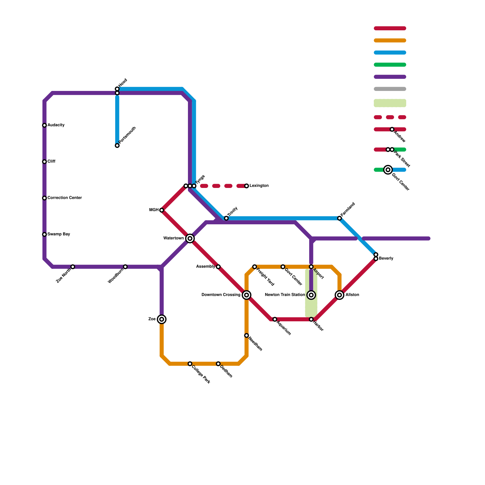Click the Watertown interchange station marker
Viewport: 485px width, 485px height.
[x=190, y=239]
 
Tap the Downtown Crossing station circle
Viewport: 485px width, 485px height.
[x=247, y=295]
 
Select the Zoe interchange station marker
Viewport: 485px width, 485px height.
[x=162, y=319]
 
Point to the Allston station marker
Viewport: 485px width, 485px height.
[x=340, y=295]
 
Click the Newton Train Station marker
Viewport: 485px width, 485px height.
[x=311, y=295]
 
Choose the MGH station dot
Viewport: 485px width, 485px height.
[x=162, y=210]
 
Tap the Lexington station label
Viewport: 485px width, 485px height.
[x=259, y=186]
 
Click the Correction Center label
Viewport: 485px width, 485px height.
[x=65, y=198]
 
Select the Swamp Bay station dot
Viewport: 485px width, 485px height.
[x=45, y=234]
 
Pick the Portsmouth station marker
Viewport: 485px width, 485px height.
[x=117, y=146]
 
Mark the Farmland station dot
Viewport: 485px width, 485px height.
[x=339, y=218]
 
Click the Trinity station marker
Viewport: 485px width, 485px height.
[x=226, y=218]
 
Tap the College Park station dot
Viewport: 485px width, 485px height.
[x=190, y=364]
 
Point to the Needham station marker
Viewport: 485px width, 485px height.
[x=247, y=336]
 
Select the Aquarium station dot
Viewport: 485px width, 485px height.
[x=275, y=319]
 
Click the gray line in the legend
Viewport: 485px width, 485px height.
[x=390, y=89]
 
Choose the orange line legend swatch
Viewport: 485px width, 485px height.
[x=390, y=41]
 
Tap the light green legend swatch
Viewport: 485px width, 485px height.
[x=390, y=103]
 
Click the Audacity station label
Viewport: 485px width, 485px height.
[x=56, y=125]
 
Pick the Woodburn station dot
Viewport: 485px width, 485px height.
[x=125, y=267]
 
